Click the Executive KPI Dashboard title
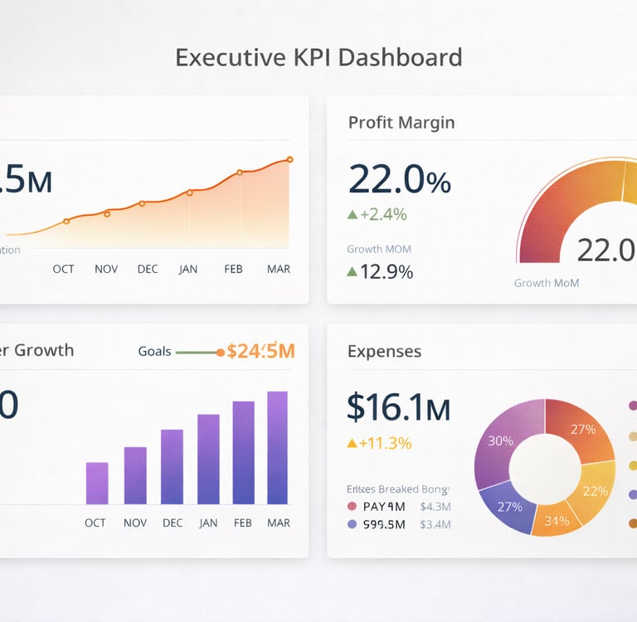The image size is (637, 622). (x=318, y=58)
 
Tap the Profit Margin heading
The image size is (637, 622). (x=401, y=123)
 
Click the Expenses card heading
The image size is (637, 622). (x=384, y=352)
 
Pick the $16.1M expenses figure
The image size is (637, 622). (x=398, y=407)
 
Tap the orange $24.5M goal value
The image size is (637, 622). (x=260, y=351)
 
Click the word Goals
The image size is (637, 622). (x=154, y=352)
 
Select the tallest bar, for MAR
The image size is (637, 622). (x=277, y=448)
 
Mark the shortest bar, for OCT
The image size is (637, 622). (x=97, y=484)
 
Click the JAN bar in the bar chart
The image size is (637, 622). (x=208, y=459)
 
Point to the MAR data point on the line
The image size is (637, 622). (x=289, y=159)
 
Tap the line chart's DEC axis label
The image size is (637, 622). (x=148, y=269)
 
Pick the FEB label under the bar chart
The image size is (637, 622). (x=243, y=522)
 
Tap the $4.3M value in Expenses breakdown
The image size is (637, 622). (x=435, y=506)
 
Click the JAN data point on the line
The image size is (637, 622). (x=189, y=192)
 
